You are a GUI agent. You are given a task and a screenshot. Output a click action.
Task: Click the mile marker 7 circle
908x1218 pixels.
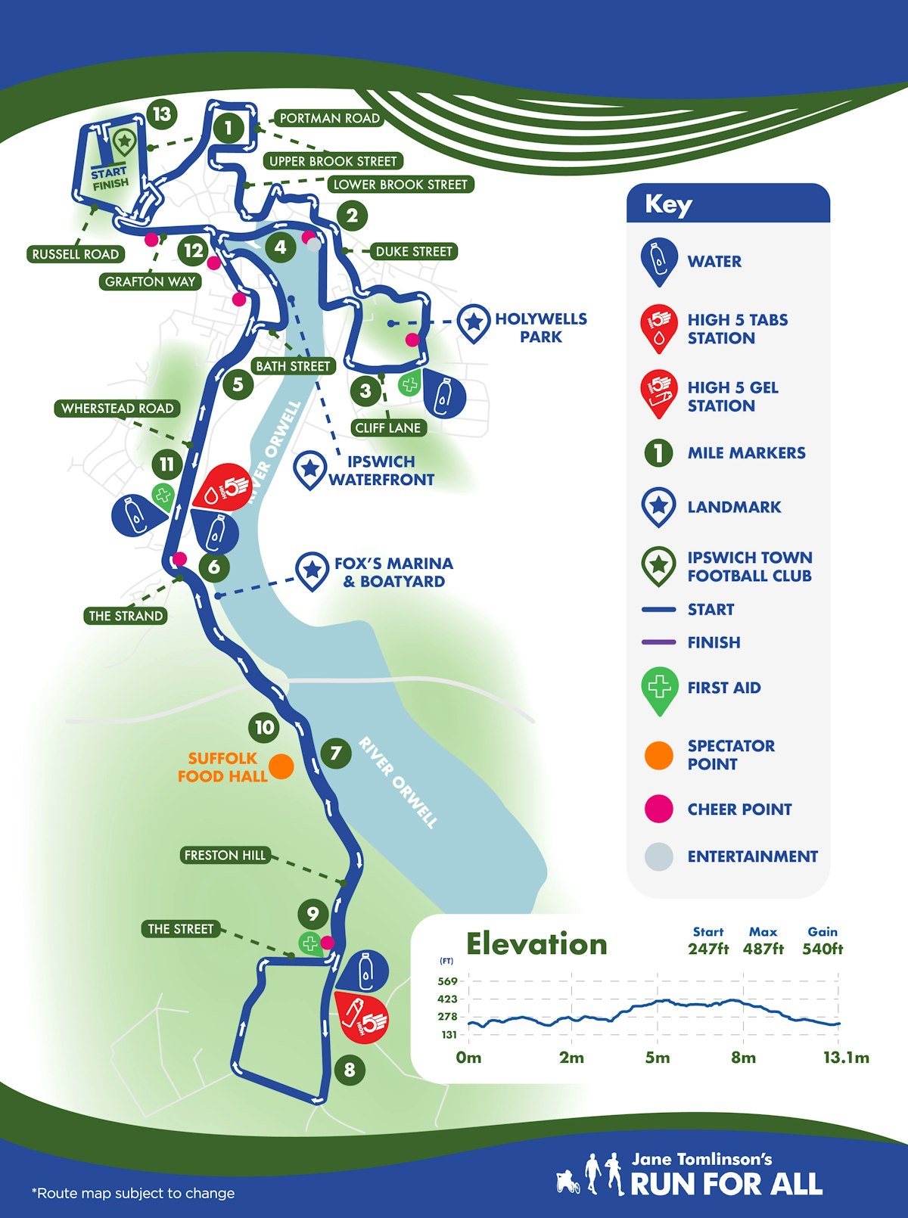tap(335, 753)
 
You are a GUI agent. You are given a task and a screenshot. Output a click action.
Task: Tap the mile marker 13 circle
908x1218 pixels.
tap(161, 114)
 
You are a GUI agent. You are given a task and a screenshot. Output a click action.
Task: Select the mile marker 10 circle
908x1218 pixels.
tap(264, 728)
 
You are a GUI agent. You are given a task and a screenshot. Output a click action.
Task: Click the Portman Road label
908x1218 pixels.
tap(329, 118)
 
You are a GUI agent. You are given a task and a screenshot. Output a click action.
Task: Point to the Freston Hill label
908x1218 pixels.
tap(225, 855)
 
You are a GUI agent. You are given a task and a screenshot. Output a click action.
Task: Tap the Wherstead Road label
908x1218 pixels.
tap(117, 409)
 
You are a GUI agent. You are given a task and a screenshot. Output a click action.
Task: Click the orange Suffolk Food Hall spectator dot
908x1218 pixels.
tap(281, 766)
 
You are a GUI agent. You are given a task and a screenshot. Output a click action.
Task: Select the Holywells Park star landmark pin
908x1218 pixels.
tap(474, 322)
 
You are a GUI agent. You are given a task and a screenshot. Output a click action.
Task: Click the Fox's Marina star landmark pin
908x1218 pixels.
tap(311, 570)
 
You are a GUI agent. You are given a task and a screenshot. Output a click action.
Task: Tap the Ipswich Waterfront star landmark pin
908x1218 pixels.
tap(309, 468)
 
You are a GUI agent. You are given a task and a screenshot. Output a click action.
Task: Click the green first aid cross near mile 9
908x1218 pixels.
tap(309, 943)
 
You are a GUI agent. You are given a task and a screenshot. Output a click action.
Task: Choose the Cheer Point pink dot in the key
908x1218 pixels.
tap(658, 809)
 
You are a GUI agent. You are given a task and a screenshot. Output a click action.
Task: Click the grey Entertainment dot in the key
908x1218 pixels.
tap(658, 856)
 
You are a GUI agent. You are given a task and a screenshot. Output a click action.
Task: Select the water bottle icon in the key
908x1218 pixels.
tap(659, 259)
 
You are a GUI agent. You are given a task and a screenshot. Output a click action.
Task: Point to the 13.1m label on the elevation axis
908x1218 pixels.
tap(846, 1057)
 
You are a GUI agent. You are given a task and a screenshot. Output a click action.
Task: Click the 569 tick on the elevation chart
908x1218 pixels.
tap(448, 981)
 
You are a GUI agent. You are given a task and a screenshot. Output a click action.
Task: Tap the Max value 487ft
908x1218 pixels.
tap(763, 949)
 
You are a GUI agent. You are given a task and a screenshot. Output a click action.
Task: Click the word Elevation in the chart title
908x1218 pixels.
tap(536, 944)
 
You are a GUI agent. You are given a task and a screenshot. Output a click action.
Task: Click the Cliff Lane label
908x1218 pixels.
tap(387, 427)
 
